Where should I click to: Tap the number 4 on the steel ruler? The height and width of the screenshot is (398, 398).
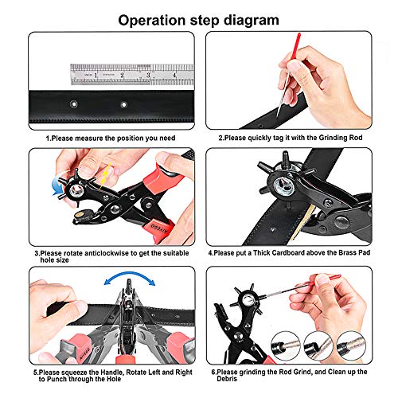tap(174, 76)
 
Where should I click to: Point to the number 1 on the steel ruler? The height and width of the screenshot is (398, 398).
tap(96, 76)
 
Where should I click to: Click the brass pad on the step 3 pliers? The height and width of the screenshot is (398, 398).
tap(80, 217)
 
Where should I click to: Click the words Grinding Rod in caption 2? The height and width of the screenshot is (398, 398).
tap(350, 138)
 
